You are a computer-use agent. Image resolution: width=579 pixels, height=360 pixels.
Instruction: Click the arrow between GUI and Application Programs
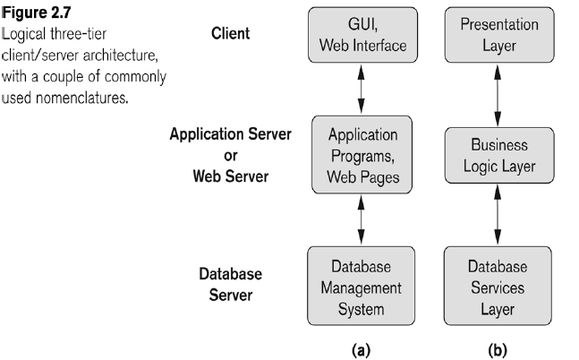359,87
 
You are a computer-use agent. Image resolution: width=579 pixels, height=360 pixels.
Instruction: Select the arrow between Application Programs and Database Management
359,220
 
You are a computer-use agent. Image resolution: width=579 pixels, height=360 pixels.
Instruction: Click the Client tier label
230,33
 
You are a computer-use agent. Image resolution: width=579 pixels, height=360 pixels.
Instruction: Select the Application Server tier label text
230,135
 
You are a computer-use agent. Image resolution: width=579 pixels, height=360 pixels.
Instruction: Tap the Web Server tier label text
230,176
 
